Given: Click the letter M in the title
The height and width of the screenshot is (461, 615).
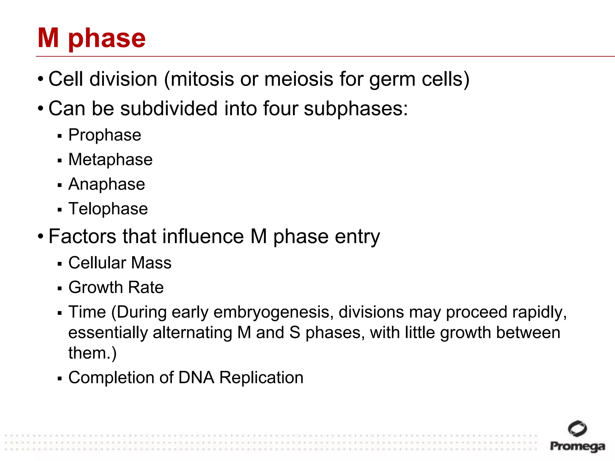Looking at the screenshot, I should tap(48, 38).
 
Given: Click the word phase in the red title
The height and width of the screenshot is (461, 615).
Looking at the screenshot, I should tap(107, 39).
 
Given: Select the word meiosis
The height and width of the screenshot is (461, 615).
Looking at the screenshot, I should tap(299, 79).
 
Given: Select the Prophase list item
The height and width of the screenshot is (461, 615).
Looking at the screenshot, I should tap(105, 135).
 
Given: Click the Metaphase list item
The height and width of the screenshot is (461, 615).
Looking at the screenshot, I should tap(110, 159).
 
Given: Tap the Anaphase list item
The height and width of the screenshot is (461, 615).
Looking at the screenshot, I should tap(107, 184).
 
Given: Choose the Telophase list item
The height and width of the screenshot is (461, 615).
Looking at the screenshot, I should tap(108, 209).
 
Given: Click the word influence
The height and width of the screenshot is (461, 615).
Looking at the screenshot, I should tap(203, 237).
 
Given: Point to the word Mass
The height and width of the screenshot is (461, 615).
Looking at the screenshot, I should tap(151, 263).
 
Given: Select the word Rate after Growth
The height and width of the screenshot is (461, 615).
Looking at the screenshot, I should tap(146, 288).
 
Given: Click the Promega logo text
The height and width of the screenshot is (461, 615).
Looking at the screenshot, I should tap(577, 446).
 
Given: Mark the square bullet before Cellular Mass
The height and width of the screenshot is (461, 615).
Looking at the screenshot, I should tap(59, 264).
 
